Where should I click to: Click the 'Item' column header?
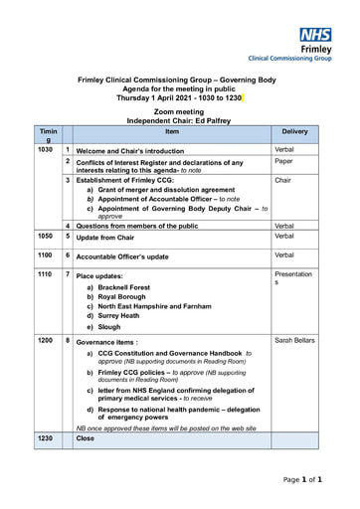click(172, 131)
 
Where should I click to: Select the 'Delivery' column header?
click(294, 131)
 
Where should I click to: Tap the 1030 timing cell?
click(45, 150)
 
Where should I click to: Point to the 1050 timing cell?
click(45, 237)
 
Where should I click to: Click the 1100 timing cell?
click(45, 255)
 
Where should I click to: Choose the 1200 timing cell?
click(45, 340)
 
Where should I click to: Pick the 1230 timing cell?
click(45, 437)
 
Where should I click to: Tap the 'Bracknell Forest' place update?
click(123, 287)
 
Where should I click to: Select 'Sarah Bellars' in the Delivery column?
click(294, 341)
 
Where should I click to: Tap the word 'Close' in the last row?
click(86, 437)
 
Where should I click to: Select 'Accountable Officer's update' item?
click(122, 256)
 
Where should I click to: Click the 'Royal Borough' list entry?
click(123, 297)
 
